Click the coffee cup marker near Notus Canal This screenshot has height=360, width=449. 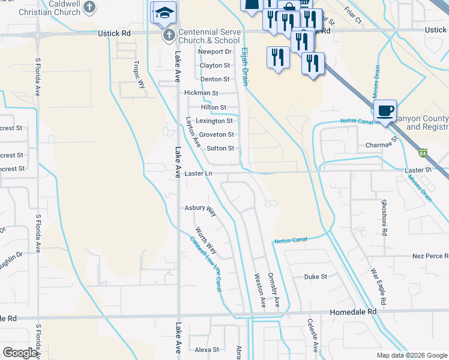(385, 110)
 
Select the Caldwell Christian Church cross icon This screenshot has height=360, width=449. (89, 7)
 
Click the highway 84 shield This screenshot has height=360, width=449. (423, 152)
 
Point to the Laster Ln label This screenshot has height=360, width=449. (199, 173)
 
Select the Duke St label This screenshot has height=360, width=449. (315, 277)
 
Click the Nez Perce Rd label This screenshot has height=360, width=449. (430, 256)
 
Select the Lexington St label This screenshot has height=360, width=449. (214, 121)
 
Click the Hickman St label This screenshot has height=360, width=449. (201, 93)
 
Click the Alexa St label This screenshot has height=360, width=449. (206, 349)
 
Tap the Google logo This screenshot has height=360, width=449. (20, 353)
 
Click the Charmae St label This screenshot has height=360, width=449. (382, 145)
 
